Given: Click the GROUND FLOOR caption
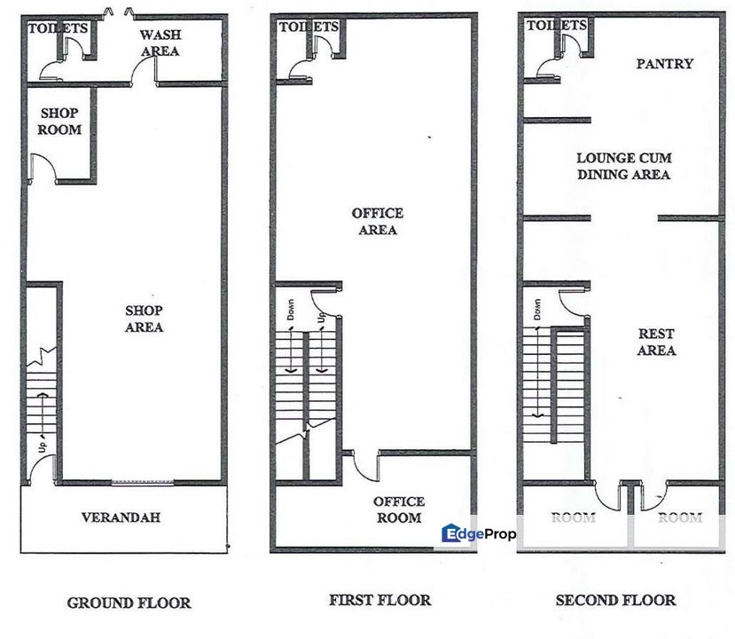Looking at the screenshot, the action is (129, 603).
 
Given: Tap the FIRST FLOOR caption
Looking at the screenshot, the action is (379, 600).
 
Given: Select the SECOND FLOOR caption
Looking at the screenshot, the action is (616, 600).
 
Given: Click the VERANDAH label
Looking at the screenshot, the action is (121, 517).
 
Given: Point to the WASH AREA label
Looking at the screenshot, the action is (160, 43).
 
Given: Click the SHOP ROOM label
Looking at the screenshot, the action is (59, 121).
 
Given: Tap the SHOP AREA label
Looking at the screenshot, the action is (144, 319).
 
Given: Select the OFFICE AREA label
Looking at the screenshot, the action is (378, 222).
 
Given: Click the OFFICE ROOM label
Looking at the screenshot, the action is (399, 509).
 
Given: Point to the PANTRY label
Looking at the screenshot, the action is (665, 64).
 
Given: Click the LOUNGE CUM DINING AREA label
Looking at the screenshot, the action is (624, 166).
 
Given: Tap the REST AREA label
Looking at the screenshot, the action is (656, 342).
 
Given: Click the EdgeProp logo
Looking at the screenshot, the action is (479, 533).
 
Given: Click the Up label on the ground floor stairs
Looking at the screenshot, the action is (43, 446).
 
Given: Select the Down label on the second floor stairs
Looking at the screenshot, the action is (537, 310).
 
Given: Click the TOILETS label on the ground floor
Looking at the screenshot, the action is (58, 28).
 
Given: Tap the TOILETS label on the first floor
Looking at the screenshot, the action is (309, 27).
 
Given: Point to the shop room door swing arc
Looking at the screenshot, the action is (44, 168).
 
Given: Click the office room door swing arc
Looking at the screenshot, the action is (365, 467).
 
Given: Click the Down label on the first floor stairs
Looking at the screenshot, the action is (291, 310).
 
